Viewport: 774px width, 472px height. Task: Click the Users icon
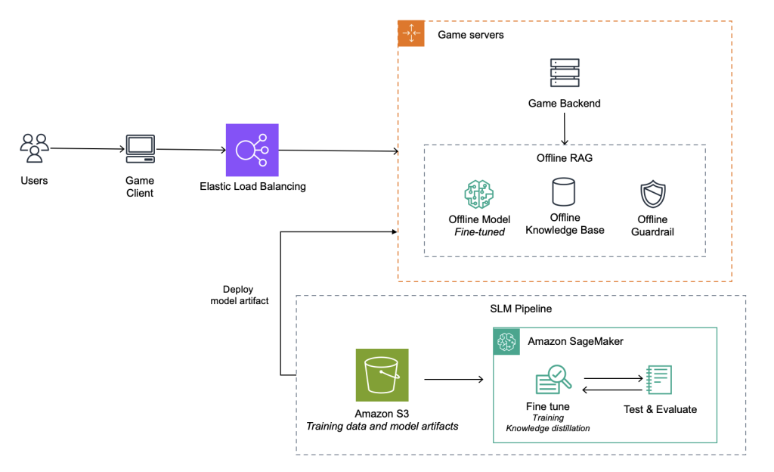coord(35,147)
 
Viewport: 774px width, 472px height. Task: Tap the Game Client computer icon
coord(140,148)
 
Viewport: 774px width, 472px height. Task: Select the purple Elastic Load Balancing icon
coord(252,150)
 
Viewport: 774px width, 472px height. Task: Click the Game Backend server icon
coord(565,73)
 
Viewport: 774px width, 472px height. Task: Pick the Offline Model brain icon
coord(478,194)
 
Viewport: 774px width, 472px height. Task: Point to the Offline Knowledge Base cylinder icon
coord(564,191)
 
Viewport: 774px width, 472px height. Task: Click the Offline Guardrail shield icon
coord(653,194)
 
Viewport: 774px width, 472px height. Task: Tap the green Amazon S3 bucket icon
coord(382,375)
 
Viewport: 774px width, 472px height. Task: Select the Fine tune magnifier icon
coord(553,379)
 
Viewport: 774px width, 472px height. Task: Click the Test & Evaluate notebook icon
coord(659,380)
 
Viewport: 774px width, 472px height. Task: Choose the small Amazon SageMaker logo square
coord(506,341)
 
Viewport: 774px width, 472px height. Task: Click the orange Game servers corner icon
coord(411,33)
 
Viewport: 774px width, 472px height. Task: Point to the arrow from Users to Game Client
coord(88,148)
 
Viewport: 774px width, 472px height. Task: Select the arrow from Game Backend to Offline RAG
coord(564,129)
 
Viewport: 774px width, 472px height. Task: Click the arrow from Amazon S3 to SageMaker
coord(454,379)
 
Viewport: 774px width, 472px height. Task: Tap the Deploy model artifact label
coord(240,295)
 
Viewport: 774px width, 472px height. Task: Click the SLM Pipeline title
coord(521,309)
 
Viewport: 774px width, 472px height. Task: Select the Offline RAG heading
coord(564,158)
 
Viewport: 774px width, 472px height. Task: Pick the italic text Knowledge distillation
coord(547,428)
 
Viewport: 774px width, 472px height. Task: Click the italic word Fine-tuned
coord(479,232)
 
